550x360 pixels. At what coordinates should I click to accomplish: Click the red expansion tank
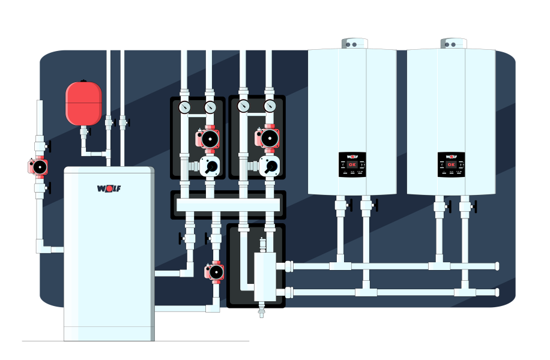pos(83,103)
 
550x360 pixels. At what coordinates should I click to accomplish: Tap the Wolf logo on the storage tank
pos(109,188)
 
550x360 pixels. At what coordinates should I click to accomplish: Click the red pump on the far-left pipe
pos(38,166)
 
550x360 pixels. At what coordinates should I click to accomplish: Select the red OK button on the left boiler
pos(352,164)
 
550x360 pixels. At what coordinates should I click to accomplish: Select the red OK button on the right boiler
pos(451,164)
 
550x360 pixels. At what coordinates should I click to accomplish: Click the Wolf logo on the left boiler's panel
pos(352,157)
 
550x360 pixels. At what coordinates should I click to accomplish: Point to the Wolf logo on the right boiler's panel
pos(451,157)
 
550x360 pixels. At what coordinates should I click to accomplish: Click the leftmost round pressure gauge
pos(184,107)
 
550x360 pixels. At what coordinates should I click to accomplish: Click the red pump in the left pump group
pos(207,139)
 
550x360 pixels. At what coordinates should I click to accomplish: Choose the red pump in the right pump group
pos(267,139)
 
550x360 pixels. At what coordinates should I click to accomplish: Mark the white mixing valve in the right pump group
pos(268,166)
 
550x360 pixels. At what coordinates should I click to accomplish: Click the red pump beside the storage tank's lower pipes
pos(215,272)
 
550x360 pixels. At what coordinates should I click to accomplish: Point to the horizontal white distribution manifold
pos(228,205)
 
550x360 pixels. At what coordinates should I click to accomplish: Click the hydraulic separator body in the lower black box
pos(263,277)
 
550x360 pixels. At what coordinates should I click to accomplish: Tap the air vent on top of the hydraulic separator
pos(262,245)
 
